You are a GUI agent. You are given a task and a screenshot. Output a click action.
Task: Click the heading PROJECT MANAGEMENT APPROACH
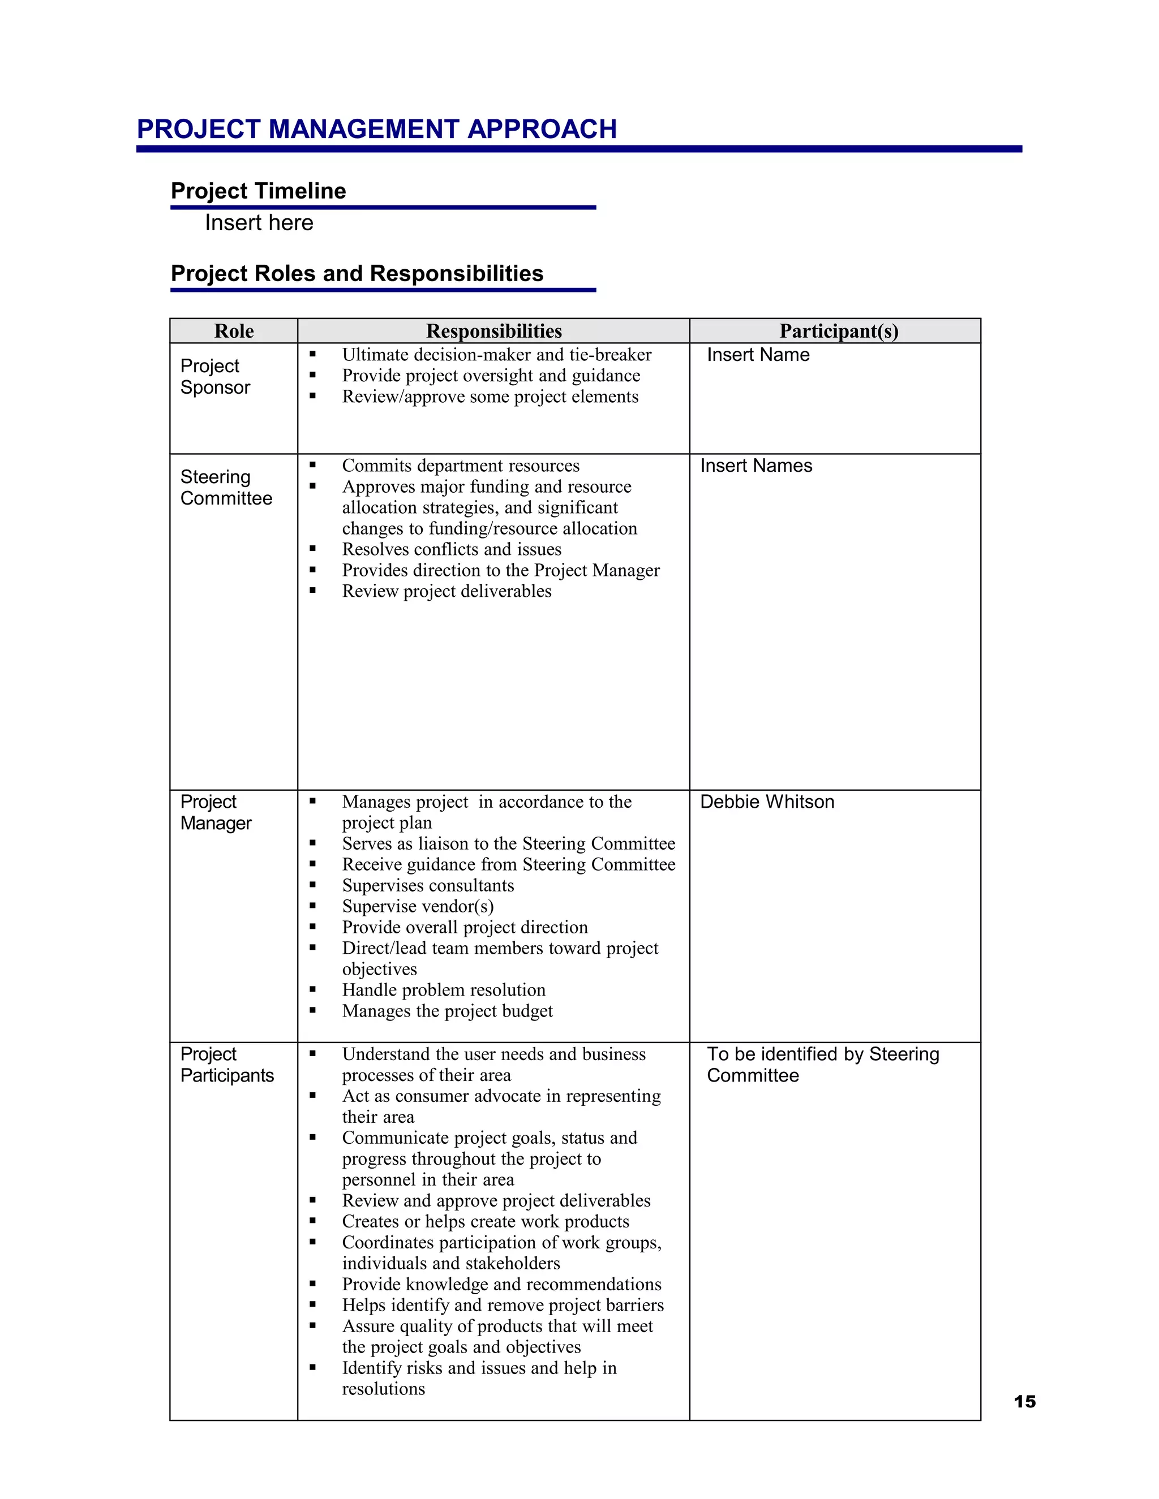pyautogui.click(x=376, y=129)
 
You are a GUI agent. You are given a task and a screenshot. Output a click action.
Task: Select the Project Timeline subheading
pyautogui.click(x=258, y=191)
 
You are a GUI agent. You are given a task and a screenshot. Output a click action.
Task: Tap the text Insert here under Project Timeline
pyautogui.click(x=259, y=223)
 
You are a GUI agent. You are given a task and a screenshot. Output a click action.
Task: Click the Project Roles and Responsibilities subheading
pyautogui.click(x=357, y=273)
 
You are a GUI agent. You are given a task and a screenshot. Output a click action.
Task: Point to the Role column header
pyautogui.click(x=234, y=331)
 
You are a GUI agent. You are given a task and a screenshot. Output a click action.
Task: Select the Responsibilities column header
pyautogui.click(x=493, y=331)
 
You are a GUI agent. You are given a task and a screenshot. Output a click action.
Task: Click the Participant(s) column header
pyautogui.click(x=838, y=331)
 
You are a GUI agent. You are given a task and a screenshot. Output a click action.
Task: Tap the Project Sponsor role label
pyautogui.click(x=214, y=377)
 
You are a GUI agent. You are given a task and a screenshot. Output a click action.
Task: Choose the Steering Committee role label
pyautogui.click(x=226, y=487)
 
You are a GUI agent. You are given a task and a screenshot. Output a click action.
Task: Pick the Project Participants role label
pyautogui.click(x=226, y=1065)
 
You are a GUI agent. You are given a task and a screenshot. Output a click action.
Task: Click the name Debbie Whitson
pyautogui.click(x=767, y=802)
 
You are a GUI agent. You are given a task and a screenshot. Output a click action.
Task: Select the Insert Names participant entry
pyautogui.click(x=756, y=466)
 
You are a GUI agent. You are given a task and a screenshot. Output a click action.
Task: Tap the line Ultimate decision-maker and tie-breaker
pyautogui.click(x=496, y=355)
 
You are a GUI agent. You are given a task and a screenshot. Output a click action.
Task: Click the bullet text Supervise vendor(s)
pyautogui.click(x=418, y=906)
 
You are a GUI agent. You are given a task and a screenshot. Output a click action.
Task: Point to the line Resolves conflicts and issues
pyautogui.click(x=451, y=549)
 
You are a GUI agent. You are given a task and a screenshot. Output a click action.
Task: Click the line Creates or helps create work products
pyautogui.click(x=486, y=1221)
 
